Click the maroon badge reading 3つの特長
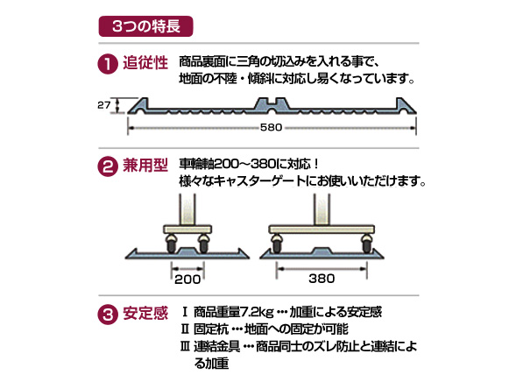[x=145, y=26]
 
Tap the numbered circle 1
[x=108, y=64]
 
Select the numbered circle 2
[x=108, y=166]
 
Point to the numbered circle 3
[x=108, y=314]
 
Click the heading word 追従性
[x=145, y=62]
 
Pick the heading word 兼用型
[x=145, y=166]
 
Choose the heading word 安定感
[x=145, y=313]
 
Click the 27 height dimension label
[x=104, y=105]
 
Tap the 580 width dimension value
[x=271, y=127]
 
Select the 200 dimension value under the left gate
[x=187, y=279]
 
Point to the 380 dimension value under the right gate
[x=322, y=279]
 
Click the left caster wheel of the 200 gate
[x=171, y=244]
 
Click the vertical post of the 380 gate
[x=322, y=209]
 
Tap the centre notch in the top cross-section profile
[x=271, y=102]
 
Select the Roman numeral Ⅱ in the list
[x=185, y=329]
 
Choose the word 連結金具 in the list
[x=217, y=347]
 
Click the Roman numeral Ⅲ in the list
[x=185, y=347]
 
